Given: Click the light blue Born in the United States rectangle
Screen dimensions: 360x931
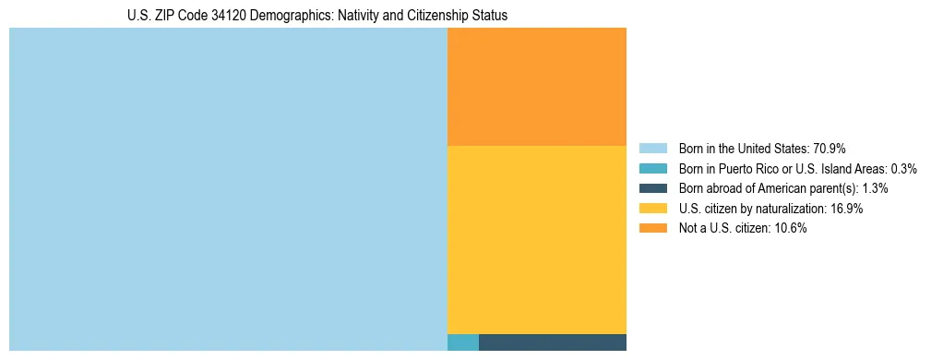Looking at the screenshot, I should [228, 189].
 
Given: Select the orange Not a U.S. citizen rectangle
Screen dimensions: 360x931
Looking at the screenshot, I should [536, 87].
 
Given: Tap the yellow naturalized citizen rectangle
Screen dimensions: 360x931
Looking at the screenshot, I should [536, 239].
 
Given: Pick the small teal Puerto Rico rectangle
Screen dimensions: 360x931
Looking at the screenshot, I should [462, 342].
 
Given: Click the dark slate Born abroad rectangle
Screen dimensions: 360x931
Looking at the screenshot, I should [552, 342].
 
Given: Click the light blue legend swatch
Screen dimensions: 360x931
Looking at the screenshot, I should [652, 149].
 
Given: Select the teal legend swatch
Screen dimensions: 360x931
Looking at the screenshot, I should [652, 169].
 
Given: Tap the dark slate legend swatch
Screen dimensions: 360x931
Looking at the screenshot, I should [652, 188].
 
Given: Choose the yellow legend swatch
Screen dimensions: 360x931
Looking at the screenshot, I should [652, 209].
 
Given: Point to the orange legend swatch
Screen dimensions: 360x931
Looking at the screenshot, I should [652, 228].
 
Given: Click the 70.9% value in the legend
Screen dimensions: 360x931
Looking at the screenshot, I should [830, 149].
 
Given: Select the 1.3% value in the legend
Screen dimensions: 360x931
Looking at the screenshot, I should [875, 188].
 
